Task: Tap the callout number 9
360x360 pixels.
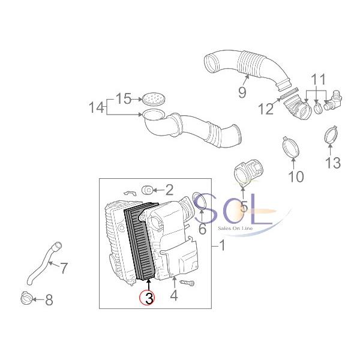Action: point(242,92)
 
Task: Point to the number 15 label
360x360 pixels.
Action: point(123,98)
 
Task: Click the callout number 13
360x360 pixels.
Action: point(332,162)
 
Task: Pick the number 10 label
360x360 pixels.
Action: point(296,176)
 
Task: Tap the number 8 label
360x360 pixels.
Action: point(49,299)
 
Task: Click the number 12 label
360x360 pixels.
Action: point(265,109)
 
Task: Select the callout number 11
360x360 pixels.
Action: point(318,79)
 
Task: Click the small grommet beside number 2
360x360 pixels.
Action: point(146,191)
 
